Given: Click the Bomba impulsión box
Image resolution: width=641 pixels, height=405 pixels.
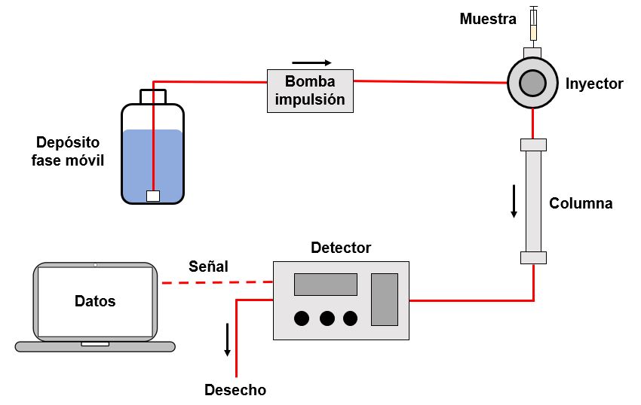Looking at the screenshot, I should click(311, 90).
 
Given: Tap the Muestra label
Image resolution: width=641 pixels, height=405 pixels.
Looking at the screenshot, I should click(488, 19).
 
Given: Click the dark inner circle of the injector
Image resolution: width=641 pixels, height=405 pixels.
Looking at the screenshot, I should click(533, 82).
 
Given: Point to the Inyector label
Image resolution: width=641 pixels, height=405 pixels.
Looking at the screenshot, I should click(594, 84).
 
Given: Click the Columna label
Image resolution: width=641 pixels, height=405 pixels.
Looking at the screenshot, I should click(581, 203).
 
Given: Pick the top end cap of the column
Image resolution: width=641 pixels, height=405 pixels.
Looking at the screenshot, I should click(533, 145).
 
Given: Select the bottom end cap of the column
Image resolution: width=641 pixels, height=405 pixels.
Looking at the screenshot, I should click(533, 258).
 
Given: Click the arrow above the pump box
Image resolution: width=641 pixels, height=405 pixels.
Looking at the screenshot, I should click(311, 62).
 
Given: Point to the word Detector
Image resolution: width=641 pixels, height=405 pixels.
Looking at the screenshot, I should click(341, 248).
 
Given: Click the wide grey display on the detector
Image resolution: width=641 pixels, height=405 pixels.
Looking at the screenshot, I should click(325, 285).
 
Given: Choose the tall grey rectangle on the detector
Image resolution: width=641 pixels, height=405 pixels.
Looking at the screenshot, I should click(385, 299).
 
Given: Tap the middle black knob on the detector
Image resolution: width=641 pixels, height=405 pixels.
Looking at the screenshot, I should click(327, 318).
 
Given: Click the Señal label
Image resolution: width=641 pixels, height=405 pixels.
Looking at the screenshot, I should click(208, 266).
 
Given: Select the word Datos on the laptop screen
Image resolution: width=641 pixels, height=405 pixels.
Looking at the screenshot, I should click(95, 301).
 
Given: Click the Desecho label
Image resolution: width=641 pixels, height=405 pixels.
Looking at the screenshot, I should click(235, 390).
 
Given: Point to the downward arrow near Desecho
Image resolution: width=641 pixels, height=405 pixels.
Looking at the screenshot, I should click(227, 340).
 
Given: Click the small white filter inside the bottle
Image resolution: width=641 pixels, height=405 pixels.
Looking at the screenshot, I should click(153, 196).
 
